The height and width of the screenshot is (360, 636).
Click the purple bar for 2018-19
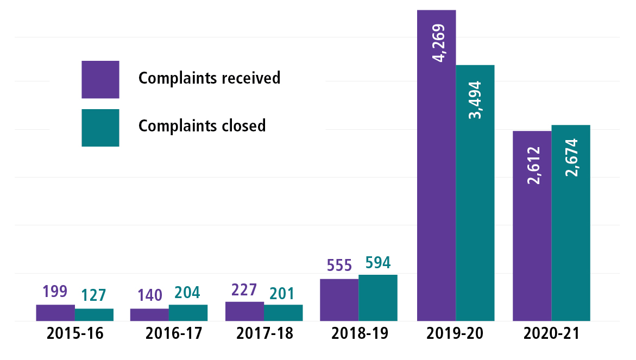tap(339, 300)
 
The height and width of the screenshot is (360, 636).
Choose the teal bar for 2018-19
tap(378, 298)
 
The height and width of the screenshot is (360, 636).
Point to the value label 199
tap(55, 292)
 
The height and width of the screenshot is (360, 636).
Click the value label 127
tap(93, 296)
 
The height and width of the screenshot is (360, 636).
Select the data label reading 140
tap(149, 296)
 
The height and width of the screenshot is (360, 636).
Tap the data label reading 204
tap(188, 293)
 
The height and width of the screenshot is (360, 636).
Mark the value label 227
tap(244, 290)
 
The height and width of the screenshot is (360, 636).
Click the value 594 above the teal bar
tap(377, 263)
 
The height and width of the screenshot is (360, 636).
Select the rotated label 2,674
tap(571, 157)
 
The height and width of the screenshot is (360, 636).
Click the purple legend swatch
tap(100, 79)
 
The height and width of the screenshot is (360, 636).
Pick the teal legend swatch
tap(100, 128)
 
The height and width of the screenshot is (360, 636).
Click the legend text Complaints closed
tap(202, 126)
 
